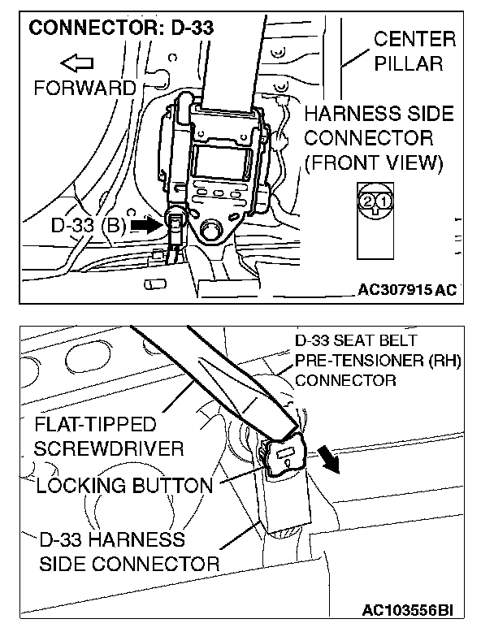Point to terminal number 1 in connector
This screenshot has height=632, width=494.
coord(383,200)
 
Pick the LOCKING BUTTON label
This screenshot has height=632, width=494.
coord(123,487)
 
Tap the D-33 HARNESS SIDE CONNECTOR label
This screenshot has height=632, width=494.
coord(128,551)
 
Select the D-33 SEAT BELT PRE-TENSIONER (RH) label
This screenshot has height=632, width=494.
coord(376,359)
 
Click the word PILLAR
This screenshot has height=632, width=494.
coord(420,63)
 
